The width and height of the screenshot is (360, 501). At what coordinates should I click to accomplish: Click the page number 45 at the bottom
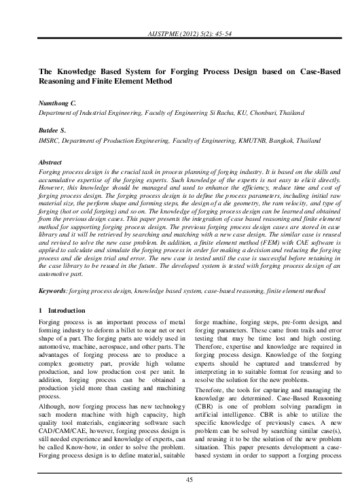click(180, 481)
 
